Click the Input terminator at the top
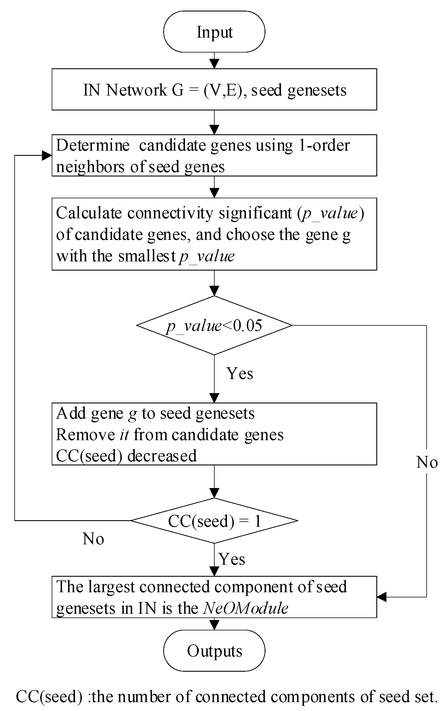[x=214, y=32]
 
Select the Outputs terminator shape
[x=214, y=650]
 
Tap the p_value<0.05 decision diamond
[x=214, y=325]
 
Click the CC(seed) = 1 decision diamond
[x=214, y=520]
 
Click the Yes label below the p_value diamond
[x=240, y=374]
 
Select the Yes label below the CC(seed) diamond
[x=232, y=559]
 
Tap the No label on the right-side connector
[x=427, y=462]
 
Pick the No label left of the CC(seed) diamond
[x=93, y=539]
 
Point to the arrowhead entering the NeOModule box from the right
[x=381, y=597]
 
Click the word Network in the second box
[x=136, y=90]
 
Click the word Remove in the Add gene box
[x=85, y=434]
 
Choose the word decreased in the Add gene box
[x=162, y=456]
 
